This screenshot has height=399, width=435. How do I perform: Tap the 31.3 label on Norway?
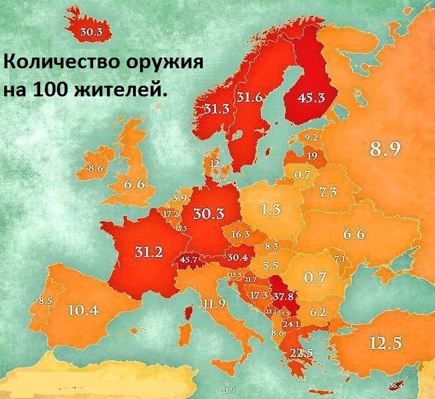[217, 109]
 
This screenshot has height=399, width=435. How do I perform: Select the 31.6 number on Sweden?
[249, 98]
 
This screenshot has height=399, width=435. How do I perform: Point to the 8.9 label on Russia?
[385, 149]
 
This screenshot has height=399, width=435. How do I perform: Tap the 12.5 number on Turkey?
[385, 343]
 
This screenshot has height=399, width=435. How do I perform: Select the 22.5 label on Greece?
[300, 353]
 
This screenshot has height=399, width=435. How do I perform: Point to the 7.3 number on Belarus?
[328, 191]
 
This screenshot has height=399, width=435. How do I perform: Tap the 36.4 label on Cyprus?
[396, 385]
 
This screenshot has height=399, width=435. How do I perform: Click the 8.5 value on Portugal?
[46, 301]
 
